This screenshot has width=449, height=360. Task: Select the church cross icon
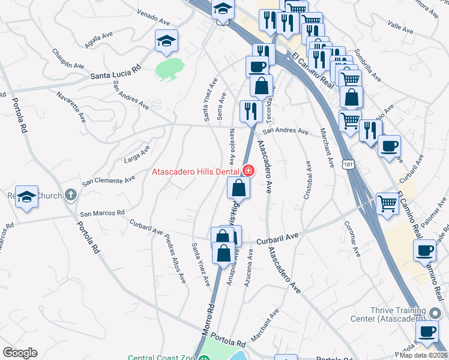click(71, 194)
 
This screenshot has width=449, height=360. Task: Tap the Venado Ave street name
click(151, 13)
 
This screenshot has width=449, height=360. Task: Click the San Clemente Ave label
click(109, 180)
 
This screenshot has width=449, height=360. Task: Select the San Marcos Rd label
click(102, 212)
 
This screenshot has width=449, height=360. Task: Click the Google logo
click(20, 353)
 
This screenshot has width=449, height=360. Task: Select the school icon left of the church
click(26, 198)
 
